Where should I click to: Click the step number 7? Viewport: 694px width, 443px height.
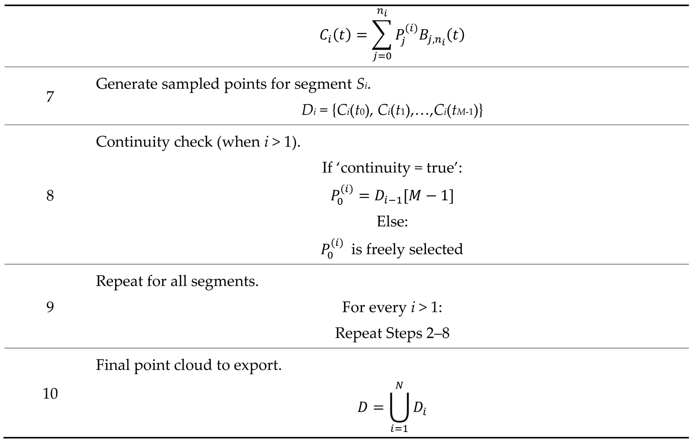click(50, 97)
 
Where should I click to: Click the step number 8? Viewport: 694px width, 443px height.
click(50, 195)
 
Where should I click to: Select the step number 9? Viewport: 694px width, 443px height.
click(50, 307)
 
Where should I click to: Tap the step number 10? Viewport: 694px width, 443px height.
click(50, 394)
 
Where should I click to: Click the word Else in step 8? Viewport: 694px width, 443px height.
click(392, 222)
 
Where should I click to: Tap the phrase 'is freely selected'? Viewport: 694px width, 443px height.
click(407, 250)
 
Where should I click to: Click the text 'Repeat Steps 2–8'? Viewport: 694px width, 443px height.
click(392, 333)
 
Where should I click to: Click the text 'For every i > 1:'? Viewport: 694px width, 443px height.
click(392, 308)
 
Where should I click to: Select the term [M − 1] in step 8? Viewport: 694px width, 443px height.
click(428, 196)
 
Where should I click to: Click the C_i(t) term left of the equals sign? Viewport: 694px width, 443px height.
click(335, 36)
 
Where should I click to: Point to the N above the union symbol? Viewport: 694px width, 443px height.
click(399, 386)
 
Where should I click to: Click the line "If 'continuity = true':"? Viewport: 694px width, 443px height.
click(392, 168)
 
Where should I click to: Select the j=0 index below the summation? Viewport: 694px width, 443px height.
click(382, 57)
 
